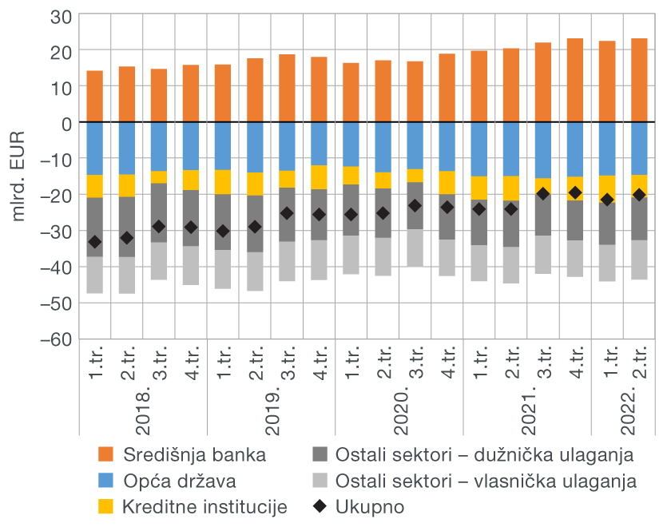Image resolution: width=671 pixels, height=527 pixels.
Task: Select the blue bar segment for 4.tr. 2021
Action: [x=575, y=149]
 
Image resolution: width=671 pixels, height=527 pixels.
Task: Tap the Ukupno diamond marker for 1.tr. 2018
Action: [x=95, y=242]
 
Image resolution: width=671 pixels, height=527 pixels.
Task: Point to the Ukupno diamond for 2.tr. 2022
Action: [x=639, y=195]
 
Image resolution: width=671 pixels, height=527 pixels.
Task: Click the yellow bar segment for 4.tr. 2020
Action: [x=447, y=183]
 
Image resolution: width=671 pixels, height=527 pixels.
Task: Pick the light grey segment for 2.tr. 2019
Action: [x=256, y=271]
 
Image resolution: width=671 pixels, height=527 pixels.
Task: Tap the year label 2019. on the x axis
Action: [x=272, y=411]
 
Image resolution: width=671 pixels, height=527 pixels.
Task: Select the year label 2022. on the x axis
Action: [x=623, y=411]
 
